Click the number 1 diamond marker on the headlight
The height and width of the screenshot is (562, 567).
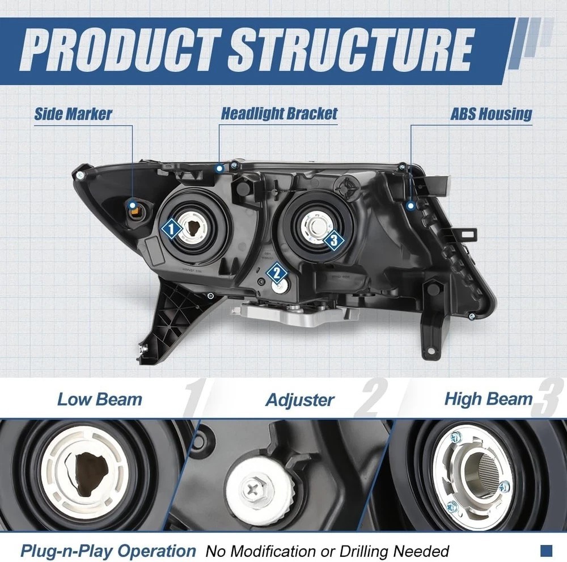[x=172, y=229]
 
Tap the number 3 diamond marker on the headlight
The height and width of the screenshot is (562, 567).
[x=334, y=240]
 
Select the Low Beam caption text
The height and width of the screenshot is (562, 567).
[x=100, y=399]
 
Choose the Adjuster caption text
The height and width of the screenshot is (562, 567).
[x=300, y=400]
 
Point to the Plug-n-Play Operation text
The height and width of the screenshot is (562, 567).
[x=108, y=550]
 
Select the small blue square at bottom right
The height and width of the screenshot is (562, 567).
[x=546, y=550]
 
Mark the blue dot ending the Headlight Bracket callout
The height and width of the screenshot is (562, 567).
[x=219, y=168]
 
